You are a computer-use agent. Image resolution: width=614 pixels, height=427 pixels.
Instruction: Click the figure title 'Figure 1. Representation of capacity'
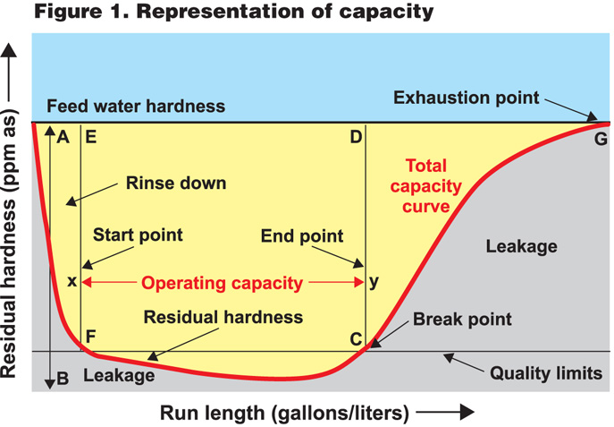[218, 13]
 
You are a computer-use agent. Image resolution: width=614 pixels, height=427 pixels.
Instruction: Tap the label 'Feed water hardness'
[136, 107]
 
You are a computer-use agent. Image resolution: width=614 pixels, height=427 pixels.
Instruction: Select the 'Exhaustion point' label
[467, 98]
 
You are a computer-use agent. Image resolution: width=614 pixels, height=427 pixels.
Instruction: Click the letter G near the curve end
[600, 138]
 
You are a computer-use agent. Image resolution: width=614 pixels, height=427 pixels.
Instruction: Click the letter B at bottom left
[63, 378]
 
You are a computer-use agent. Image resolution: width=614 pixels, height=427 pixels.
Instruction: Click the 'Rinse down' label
[175, 183]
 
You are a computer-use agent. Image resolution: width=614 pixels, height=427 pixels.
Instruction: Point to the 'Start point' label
[138, 235]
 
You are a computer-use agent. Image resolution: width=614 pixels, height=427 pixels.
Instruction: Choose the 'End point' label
[302, 236]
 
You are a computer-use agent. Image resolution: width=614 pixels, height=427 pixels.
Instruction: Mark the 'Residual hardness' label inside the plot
[223, 317]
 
